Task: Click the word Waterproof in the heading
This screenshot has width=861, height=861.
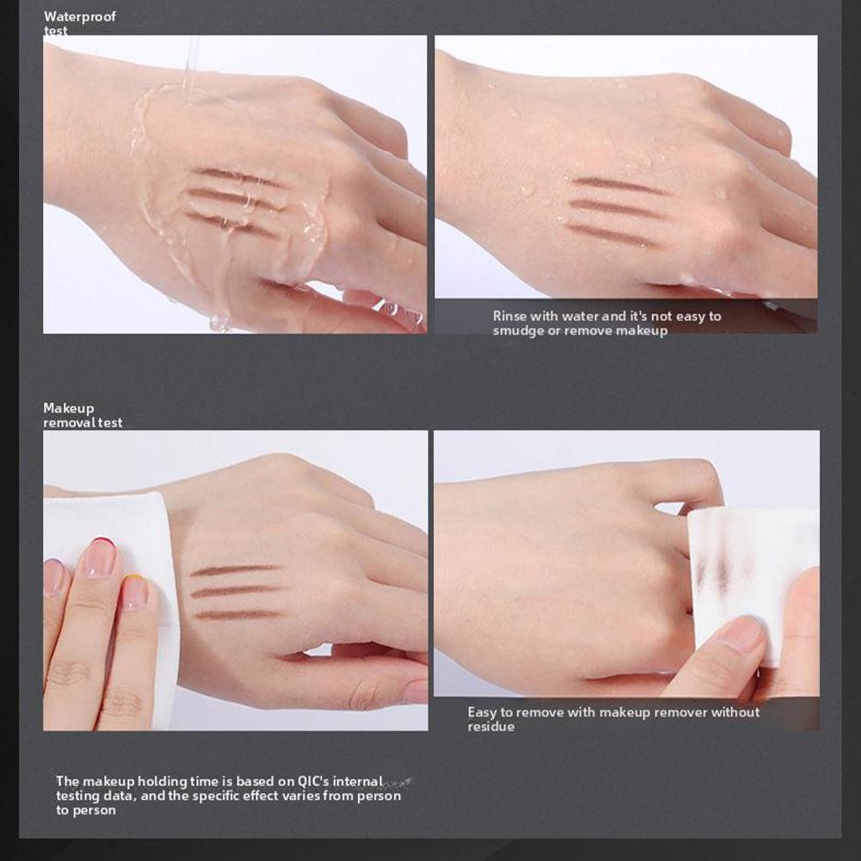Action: pyautogui.click(x=80, y=17)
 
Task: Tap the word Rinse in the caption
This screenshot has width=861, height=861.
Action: pyautogui.click(x=508, y=317)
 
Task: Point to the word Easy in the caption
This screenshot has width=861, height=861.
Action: pyautogui.click(x=483, y=713)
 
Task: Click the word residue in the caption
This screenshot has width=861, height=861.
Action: pyautogui.click(x=491, y=727)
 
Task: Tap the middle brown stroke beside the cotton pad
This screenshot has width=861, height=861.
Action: pyautogui.click(x=237, y=592)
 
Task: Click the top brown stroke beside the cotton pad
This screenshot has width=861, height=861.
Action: pyautogui.click(x=235, y=570)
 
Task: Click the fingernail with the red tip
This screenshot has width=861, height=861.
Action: pyautogui.click(x=100, y=557)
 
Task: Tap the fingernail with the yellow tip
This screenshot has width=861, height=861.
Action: pyautogui.click(x=135, y=592)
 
